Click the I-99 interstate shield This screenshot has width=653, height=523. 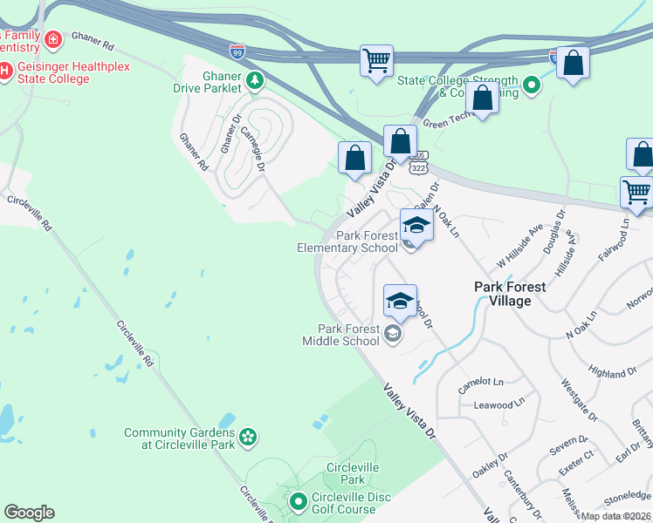(x=238, y=53)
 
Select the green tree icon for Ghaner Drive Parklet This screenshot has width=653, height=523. (x=254, y=82)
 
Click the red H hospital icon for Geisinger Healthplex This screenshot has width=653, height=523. (x=6, y=70)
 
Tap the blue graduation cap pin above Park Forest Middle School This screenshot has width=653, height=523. (x=400, y=302)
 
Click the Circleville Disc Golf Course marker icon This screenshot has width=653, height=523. (x=298, y=500)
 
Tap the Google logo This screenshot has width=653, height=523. (x=29, y=512)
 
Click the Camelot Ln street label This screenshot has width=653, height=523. (x=487, y=382)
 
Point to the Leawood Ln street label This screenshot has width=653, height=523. (x=493, y=405)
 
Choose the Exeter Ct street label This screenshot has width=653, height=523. (x=577, y=455)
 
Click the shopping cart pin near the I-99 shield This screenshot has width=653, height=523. (x=376, y=61)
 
